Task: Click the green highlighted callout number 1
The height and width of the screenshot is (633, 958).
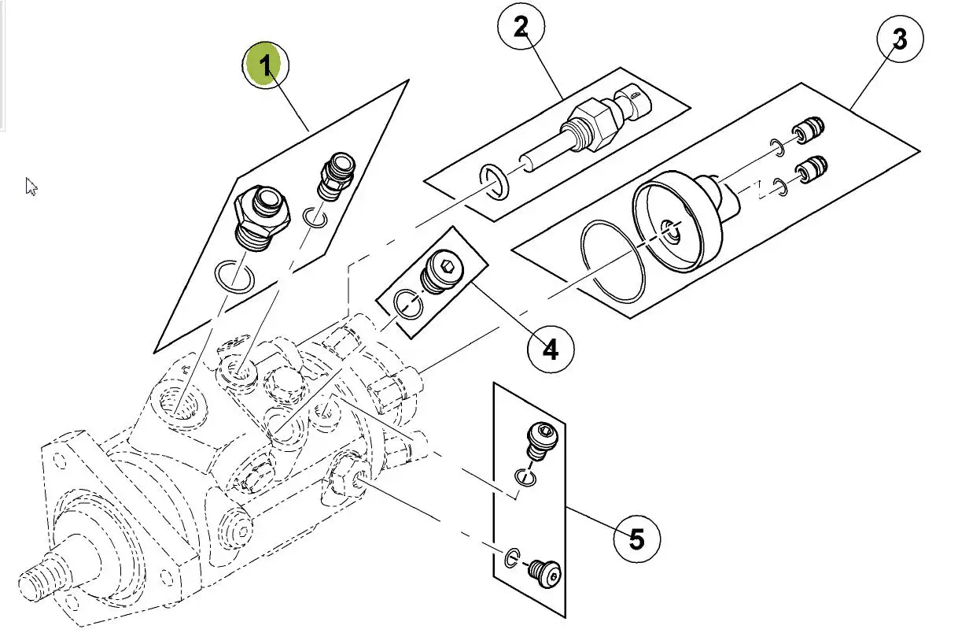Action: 265,65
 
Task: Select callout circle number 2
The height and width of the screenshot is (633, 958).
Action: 521,27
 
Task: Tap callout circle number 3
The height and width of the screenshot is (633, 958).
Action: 900,39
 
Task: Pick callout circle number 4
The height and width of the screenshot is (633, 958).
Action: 551,349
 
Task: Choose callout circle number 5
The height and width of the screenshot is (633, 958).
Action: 637,539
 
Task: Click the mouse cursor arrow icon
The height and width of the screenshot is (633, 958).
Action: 31,187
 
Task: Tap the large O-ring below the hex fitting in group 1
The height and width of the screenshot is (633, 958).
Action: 235,276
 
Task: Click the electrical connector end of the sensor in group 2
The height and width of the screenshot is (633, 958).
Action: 633,102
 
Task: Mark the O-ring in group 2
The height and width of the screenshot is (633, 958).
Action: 495,182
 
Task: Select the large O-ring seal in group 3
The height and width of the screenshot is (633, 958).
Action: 613,261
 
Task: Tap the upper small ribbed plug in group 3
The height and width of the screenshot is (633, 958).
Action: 809,130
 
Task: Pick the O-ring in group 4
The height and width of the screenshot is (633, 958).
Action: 408,305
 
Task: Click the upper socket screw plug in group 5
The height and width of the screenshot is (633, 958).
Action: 542,441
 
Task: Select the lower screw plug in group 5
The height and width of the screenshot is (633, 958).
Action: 544,573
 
